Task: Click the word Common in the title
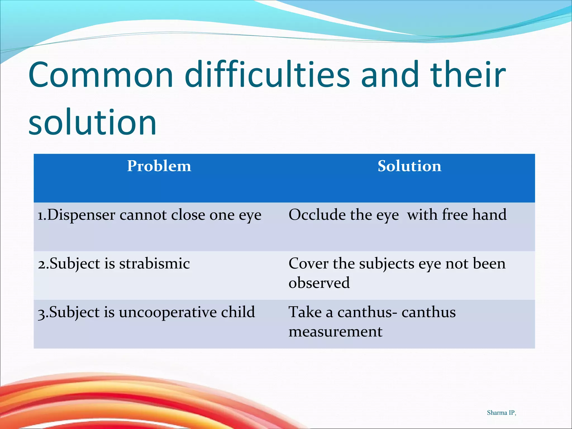click(x=101, y=75)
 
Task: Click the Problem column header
click(x=159, y=166)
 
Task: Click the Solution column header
click(x=409, y=166)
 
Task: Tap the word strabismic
click(x=154, y=264)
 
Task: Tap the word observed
click(x=319, y=283)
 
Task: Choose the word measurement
click(x=335, y=332)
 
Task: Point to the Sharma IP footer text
click(x=501, y=413)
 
